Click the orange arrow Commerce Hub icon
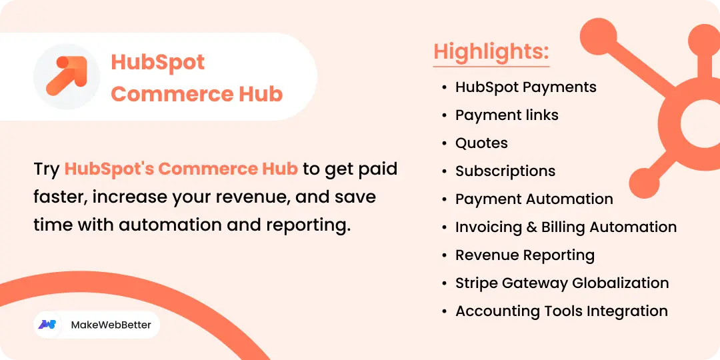click(67, 76)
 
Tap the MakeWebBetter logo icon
click(47, 325)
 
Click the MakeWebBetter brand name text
click(111, 325)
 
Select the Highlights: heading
click(491, 51)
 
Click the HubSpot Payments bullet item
click(525, 87)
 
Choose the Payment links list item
click(507, 115)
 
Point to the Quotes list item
click(481, 143)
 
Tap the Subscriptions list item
click(505, 171)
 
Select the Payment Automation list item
click(534, 199)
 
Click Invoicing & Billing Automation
click(565, 227)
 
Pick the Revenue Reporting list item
click(525, 255)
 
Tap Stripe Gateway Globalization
click(561, 283)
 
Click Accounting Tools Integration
click(561, 311)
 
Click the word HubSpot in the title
click(158, 62)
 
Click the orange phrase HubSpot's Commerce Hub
click(181, 169)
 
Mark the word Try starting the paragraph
click(46, 169)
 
